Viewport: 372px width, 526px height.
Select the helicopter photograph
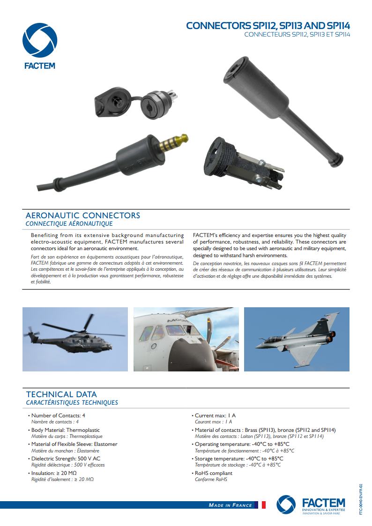pos(75,339)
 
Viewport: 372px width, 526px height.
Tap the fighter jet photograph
pos(297,339)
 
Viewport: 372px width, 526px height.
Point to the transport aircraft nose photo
pos(186,339)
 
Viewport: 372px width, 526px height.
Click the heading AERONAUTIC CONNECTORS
pos(82,215)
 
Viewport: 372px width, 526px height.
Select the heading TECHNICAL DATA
pos(61,394)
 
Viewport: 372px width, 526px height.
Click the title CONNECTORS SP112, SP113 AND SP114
pos(268,25)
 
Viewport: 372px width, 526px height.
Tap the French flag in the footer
pos(263,505)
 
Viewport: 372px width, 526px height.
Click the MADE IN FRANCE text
pos(230,505)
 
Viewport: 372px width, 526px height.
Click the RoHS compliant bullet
pos(213,473)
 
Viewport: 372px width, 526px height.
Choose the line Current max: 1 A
pos(215,415)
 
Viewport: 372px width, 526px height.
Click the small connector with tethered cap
pos(135,100)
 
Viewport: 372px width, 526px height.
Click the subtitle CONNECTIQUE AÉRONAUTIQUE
pos(69,224)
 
